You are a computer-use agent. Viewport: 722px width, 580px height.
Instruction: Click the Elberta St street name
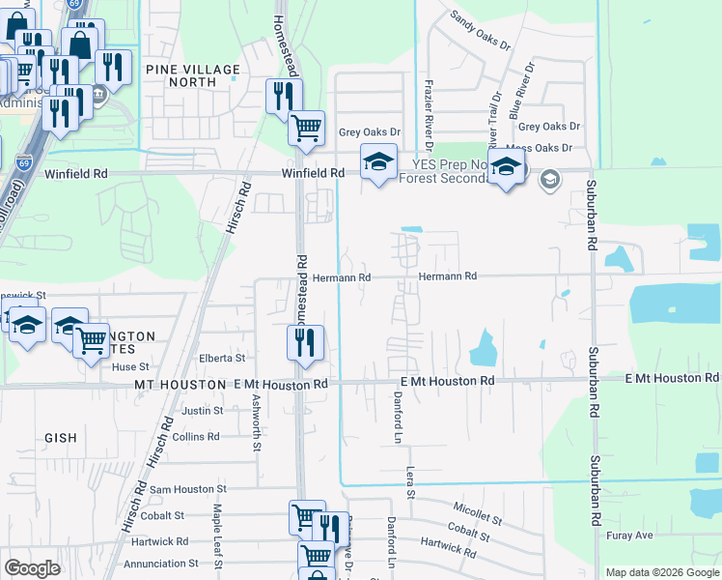pos(222,358)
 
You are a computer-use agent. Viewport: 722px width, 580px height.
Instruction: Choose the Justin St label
pos(202,411)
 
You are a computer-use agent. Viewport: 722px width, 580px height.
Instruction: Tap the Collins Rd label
pos(196,437)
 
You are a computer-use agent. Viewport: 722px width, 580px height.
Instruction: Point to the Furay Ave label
pos(629,535)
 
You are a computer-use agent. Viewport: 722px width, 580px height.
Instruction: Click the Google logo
pos(32,568)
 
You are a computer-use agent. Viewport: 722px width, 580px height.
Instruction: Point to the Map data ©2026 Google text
pos(661,572)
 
